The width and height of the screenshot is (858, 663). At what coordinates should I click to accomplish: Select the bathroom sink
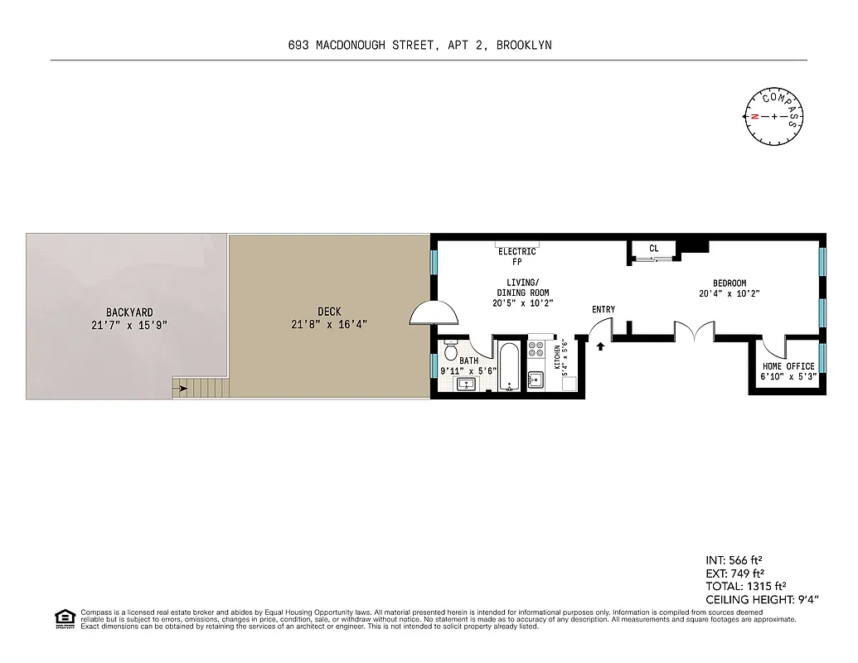[x=467, y=384]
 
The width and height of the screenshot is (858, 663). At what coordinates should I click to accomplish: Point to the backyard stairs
[x=199, y=387]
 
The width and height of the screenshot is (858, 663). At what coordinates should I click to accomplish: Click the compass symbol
[x=774, y=116]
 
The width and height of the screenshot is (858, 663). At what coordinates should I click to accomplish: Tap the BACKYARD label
[x=128, y=312]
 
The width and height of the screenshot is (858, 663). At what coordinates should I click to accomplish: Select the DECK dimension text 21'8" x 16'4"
[x=329, y=324]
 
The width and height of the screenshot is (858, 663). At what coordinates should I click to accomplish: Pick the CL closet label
[x=653, y=248]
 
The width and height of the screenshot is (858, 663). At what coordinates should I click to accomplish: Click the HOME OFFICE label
[x=788, y=366]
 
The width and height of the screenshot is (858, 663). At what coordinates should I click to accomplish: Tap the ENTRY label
[x=604, y=310]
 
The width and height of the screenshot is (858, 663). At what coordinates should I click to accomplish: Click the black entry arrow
[x=600, y=346]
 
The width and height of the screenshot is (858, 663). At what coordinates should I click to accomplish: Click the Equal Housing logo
[x=64, y=618]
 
